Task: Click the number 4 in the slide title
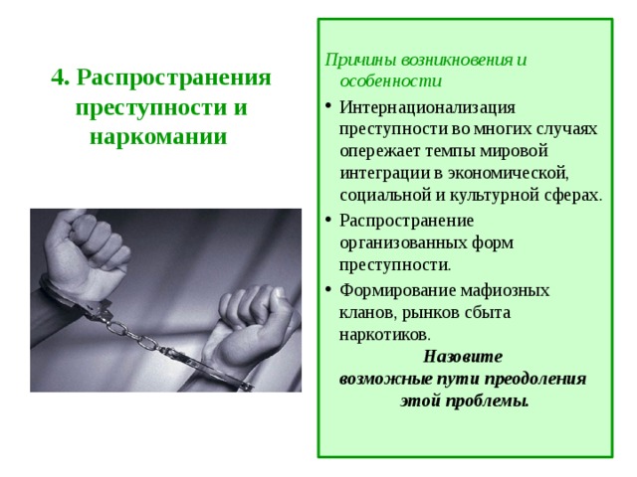coord(58,79)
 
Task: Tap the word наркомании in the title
coord(159,134)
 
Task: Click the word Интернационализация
coord(427,106)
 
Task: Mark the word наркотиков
coord(383,334)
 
